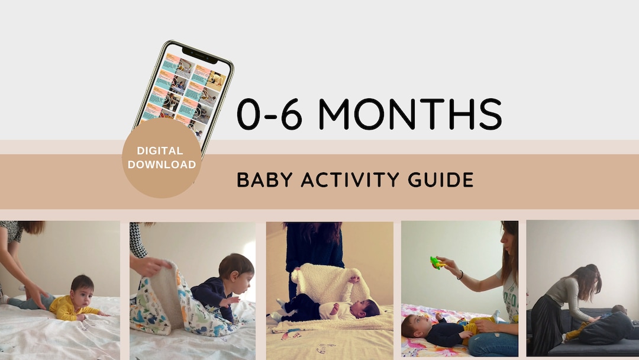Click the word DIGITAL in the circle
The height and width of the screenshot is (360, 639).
162,151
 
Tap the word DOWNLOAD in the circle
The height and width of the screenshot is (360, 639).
162,165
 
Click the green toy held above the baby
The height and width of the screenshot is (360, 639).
437,262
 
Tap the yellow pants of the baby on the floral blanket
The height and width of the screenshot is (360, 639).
473,327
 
